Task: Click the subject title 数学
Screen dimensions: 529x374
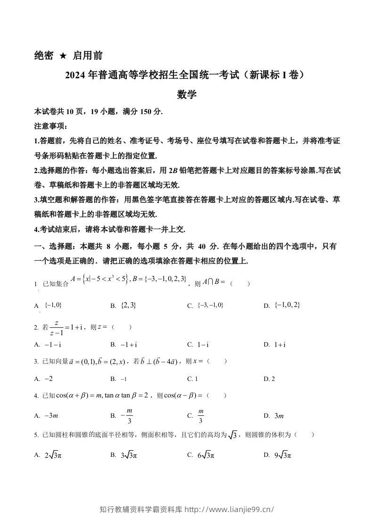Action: pos(187,94)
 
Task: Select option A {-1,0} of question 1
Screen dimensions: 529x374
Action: pos(53,305)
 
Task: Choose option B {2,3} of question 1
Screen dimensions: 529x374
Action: pos(128,306)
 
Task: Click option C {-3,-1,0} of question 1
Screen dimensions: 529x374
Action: pos(210,306)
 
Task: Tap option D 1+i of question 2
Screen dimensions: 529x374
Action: pos(280,345)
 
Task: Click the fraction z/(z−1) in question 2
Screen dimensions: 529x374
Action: pos(57,327)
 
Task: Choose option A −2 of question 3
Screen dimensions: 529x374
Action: pos(48,379)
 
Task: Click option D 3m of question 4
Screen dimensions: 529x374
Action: pos(279,416)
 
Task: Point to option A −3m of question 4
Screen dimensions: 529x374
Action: pos(51,416)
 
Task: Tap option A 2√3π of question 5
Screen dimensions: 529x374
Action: pos(57,455)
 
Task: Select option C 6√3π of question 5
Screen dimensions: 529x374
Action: pos(206,455)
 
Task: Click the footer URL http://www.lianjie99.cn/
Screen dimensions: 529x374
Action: pos(229,509)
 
